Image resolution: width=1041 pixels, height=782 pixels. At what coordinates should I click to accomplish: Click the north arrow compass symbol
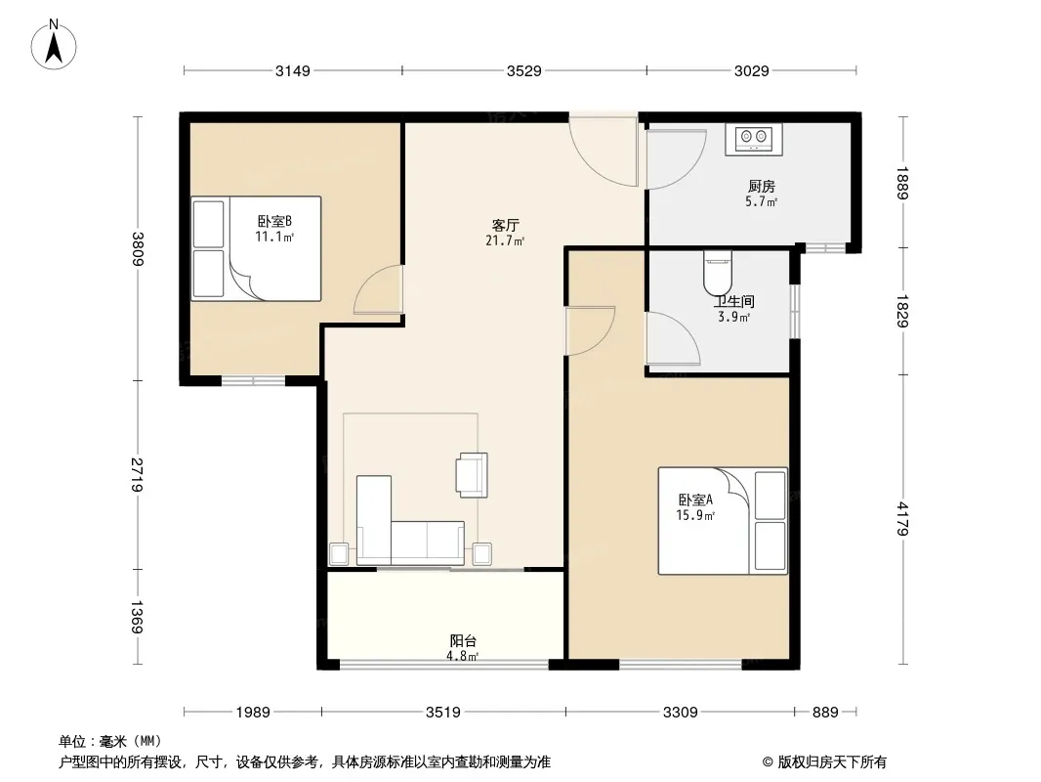point(57,45)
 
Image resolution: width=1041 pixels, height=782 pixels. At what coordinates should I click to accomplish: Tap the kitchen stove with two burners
point(754,139)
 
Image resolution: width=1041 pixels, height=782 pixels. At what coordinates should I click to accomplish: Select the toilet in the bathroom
point(718,272)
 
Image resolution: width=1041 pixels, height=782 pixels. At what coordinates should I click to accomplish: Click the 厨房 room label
point(762,186)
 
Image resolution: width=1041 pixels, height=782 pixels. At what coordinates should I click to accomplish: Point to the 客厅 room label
point(504,225)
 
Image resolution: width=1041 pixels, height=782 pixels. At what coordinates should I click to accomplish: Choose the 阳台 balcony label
point(463,641)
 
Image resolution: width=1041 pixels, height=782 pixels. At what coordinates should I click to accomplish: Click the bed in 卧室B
point(256,249)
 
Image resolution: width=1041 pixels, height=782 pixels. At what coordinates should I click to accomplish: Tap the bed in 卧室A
point(723,520)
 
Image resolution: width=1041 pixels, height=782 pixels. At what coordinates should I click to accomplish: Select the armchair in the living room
point(472,474)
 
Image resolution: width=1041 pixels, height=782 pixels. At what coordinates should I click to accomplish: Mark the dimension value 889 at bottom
point(824,713)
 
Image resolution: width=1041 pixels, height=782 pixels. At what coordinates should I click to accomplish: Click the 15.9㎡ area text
point(697,515)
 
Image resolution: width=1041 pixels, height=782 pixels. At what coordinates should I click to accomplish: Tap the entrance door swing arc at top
point(603,152)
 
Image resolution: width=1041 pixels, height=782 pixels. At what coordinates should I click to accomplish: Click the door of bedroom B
point(379,290)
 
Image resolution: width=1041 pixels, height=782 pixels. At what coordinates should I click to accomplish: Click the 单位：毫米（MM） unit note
point(109,741)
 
